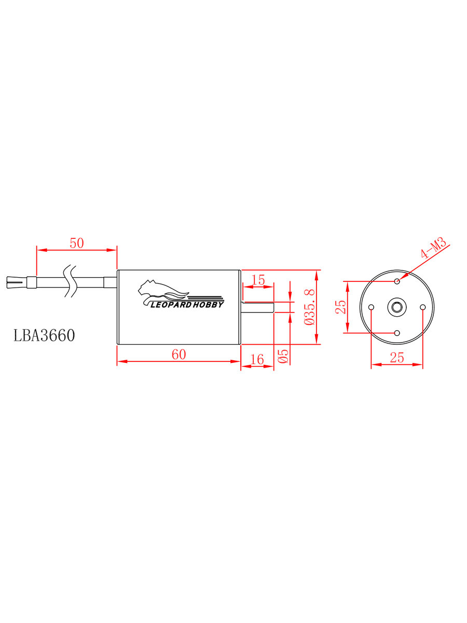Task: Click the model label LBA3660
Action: [44, 335]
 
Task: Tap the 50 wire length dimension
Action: [77, 243]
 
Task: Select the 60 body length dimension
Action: [179, 355]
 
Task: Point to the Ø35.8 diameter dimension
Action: [309, 307]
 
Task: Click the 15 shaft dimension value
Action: [258, 280]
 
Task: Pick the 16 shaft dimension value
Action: [257, 359]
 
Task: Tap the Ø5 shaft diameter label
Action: [283, 356]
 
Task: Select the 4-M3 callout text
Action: [434, 249]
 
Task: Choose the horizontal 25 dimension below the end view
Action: [396, 358]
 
